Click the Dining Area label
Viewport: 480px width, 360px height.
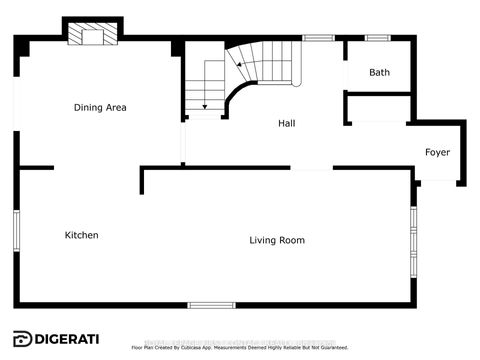pyautogui.click(x=100, y=107)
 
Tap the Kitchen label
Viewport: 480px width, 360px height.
pyautogui.click(x=81, y=235)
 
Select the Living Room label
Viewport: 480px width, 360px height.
pyautogui.click(x=277, y=240)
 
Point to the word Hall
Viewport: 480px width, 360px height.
pyautogui.click(x=287, y=124)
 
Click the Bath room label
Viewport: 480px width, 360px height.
pyautogui.click(x=379, y=72)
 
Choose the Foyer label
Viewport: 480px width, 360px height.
pyautogui.click(x=437, y=152)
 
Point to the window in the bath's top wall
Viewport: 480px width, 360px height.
pyautogui.click(x=377, y=38)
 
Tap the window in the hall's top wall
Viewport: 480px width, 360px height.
pyautogui.click(x=318, y=38)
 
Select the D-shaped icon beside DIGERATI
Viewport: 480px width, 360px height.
pyautogui.click(x=21, y=337)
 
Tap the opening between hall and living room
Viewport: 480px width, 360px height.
pyautogui.click(x=310, y=169)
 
